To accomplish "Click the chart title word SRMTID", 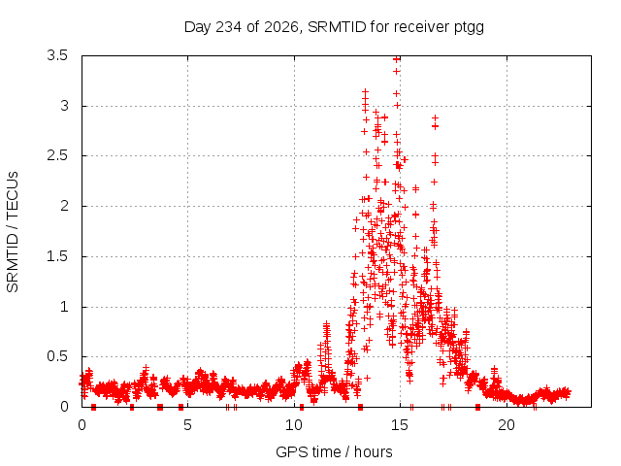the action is pos(337,27).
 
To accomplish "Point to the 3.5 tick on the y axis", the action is pos(57,55).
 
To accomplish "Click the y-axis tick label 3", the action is pos(64,106).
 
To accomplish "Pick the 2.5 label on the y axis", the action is pos(57,155).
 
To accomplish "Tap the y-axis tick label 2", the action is pos(64,206).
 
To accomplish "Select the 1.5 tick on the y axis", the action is pos(57,256).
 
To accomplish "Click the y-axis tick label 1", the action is pos(64,307).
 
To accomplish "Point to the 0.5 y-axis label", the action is pos(57,356).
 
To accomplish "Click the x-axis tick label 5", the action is pos(187,425).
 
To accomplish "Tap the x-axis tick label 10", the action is pos(294,425).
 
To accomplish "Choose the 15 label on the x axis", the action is pos(400,425).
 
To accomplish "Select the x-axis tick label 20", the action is pos(507,425).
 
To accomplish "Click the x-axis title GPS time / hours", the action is pos(334,452).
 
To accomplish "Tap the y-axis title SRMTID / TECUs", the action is pos(13,232).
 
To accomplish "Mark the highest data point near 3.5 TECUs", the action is pos(397,59).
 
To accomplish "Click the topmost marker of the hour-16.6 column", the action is pos(435,118).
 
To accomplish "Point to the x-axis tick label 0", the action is pos(82,425).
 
